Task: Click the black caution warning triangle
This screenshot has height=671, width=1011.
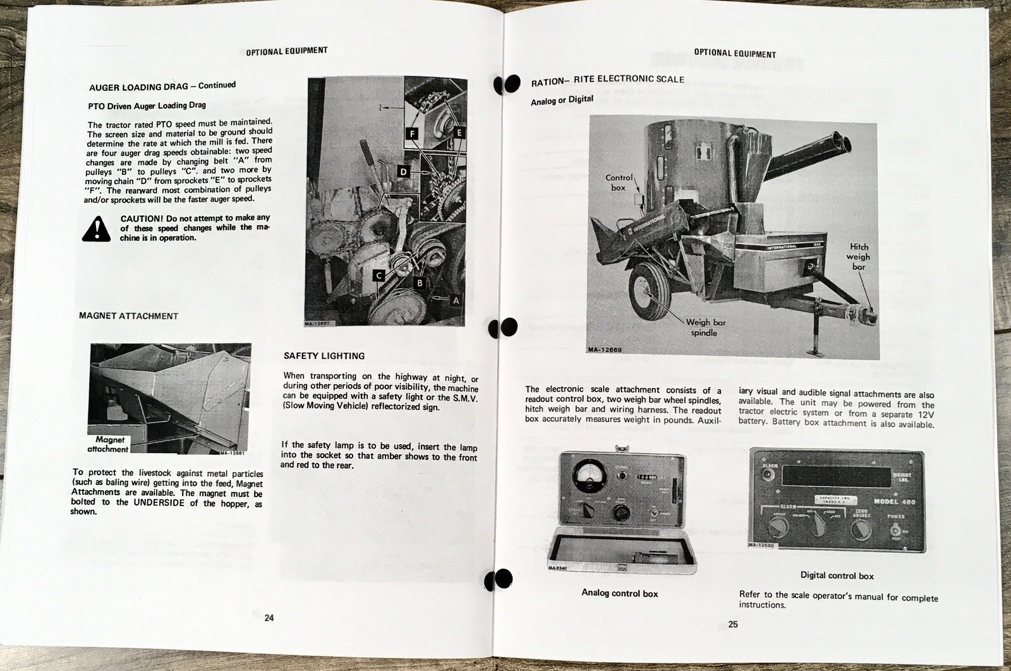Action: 96,229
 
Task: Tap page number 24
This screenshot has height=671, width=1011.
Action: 269,618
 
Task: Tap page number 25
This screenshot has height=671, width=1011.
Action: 732,625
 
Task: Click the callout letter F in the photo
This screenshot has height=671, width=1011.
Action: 413,133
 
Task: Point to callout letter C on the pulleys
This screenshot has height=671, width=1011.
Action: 378,275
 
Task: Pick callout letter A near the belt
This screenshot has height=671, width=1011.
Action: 456,301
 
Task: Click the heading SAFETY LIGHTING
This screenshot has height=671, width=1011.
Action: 324,356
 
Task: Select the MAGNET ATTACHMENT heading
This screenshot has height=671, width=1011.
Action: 128,316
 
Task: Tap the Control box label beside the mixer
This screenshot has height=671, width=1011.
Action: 618,183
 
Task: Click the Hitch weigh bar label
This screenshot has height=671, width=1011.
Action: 858,257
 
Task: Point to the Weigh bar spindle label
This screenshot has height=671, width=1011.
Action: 706,327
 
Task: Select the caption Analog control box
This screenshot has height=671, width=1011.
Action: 619,593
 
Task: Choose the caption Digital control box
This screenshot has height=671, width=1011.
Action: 837,576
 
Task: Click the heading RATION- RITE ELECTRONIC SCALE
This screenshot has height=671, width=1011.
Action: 607,80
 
